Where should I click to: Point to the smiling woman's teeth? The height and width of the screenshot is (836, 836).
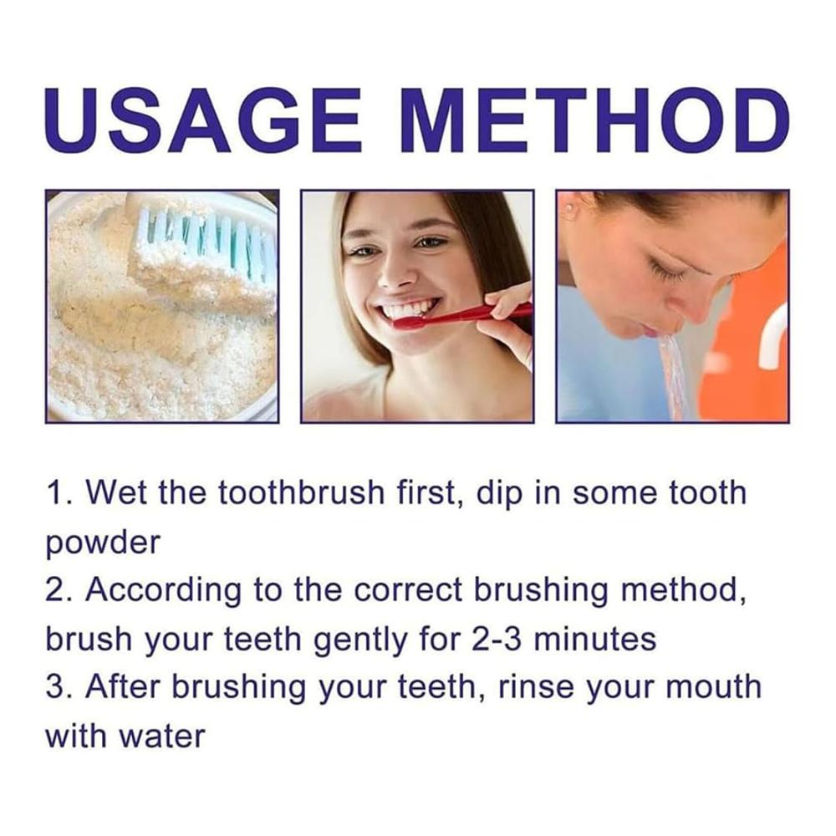(x=410, y=310)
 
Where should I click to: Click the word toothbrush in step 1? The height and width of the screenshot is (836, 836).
(x=301, y=492)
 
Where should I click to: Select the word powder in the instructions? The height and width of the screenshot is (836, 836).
(x=102, y=543)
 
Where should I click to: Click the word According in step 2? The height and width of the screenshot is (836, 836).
(x=163, y=591)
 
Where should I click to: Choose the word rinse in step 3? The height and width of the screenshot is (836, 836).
(x=535, y=686)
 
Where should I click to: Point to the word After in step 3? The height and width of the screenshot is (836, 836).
(x=123, y=686)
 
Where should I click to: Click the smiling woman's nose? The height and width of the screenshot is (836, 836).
(x=398, y=269)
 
